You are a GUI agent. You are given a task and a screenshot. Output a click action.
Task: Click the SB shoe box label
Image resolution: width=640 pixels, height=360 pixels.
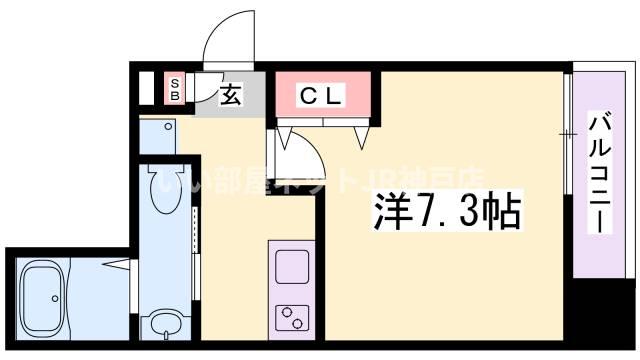pyautogui.click(x=174, y=89)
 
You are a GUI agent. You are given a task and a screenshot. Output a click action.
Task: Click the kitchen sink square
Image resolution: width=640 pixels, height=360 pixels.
pyautogui.click(x=292, y=267)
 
